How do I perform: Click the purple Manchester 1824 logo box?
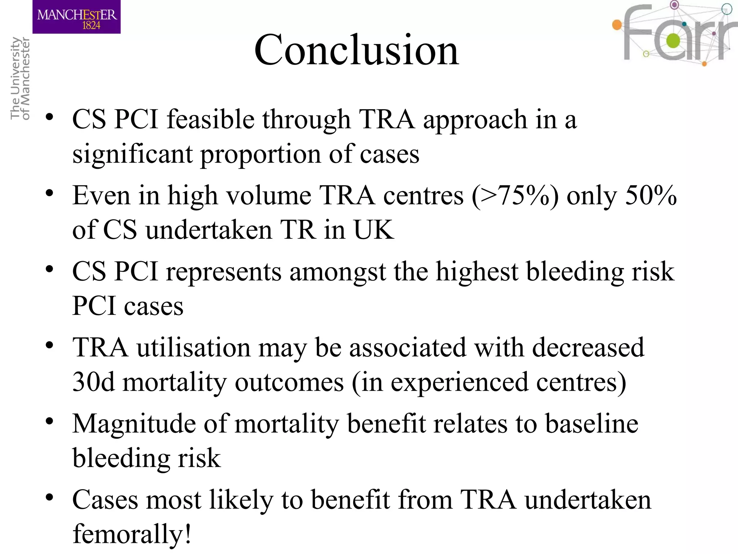point(76,17)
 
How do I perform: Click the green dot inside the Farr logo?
point(672,41)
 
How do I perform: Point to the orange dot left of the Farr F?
point(617,25)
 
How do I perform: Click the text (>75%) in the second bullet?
point(515,196)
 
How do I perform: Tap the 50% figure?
point(651,195)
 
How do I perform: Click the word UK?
point(373,230)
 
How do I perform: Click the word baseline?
point(591,423)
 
